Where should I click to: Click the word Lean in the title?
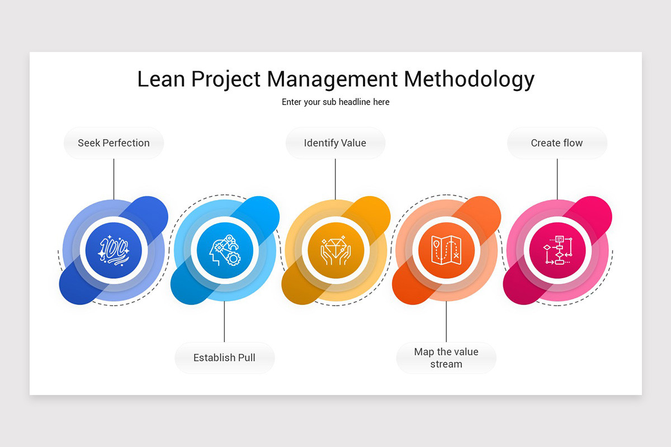click(x=161, y=79)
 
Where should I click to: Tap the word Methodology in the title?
click(x=469, y=80)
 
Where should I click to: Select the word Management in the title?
click(x=332, y=80)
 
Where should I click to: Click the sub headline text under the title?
click(x=335, y=102)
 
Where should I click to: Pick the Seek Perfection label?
click(x=114, y=143)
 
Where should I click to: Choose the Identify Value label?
click(x=335, y=143)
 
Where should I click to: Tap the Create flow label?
click(x=557, y=143)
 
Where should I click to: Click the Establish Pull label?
click(x=224, y=358)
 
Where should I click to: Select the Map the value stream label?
click(x=446, y=358)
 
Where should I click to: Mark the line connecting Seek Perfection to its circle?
click(x=114, y=179)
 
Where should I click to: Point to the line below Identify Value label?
click(x=335, y=179)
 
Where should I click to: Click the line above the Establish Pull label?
click(x=224, y=321)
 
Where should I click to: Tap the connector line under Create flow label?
click(x=557, y=179)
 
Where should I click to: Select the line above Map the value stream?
click(x=446, y=321)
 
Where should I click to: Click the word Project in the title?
click(x=226, y=80)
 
